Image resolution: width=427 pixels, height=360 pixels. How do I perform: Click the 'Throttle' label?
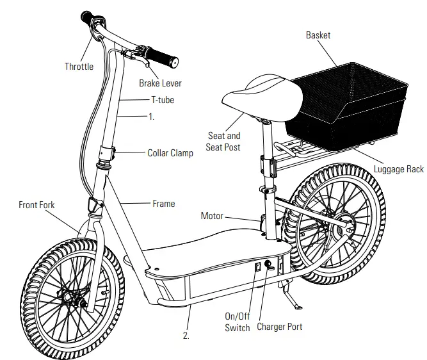(79, 66)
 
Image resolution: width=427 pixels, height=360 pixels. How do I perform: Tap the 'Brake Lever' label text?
(160, 83)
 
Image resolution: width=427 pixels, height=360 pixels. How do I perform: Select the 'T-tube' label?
(162, 100)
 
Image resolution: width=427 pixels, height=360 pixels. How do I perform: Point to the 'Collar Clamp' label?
(170, 153)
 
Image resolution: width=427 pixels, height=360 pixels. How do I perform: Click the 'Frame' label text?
(163, 204)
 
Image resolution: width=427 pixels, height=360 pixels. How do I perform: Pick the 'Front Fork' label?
(36, 205)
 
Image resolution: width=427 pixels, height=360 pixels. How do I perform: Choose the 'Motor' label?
(212, 216)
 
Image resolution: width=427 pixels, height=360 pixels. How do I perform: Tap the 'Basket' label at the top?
(318, 35)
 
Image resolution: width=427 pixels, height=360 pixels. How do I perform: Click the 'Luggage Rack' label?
(398, 170)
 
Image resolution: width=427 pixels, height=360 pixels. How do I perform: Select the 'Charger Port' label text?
(279, 327)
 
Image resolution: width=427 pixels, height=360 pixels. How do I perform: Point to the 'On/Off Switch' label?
(238, 322)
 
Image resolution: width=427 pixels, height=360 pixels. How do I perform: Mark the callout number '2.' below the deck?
(186, 335)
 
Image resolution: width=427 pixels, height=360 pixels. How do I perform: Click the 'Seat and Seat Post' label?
(225, 142)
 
